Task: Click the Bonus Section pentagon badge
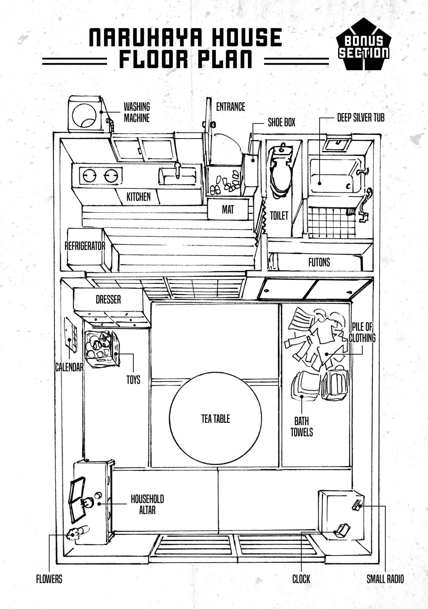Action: (x=364, y=46)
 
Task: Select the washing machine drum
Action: (x=85, y=115)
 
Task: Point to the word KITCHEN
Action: (x=139, y=197)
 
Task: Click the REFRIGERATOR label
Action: (x=85, y=246)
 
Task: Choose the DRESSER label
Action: (x=108, y=300)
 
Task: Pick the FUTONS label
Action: (x=319, y=262)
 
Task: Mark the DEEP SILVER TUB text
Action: (x=361, y=118)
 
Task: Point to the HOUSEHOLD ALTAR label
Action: (x=147, y=504)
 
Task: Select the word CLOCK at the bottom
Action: (x=301, y=579)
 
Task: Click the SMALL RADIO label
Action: (x=385, y=579)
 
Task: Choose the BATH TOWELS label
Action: (x=302, y=427)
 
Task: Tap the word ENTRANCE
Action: (x=230, y=107)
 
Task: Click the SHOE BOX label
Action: (x=281, y=123)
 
